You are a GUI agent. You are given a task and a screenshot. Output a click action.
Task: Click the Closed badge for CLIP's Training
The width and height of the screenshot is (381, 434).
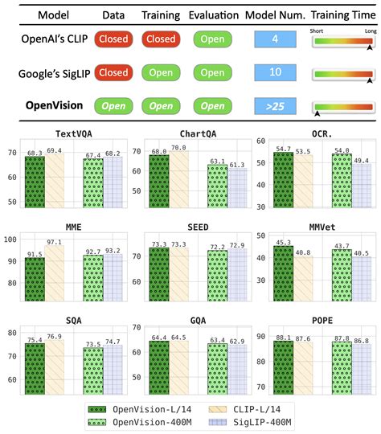point(161,38)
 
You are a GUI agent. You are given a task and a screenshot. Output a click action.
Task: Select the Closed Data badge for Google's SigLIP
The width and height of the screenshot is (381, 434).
point(113,72)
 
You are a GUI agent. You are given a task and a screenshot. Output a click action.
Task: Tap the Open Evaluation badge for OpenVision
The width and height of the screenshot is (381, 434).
point(212,106)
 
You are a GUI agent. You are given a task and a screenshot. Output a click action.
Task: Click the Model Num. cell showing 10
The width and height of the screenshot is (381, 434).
point(275,72)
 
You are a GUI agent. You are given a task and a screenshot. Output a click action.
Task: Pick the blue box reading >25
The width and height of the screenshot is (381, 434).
point(275,106)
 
